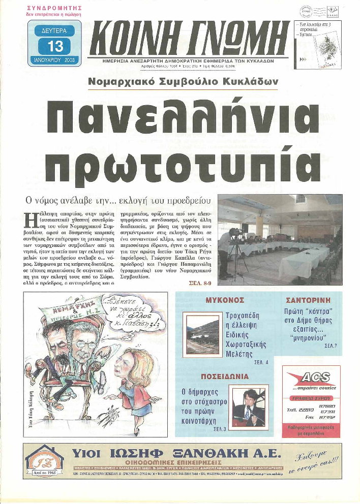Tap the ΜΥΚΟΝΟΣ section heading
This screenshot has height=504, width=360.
point(221,300)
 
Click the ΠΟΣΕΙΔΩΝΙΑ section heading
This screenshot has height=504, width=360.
point(224,376)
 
